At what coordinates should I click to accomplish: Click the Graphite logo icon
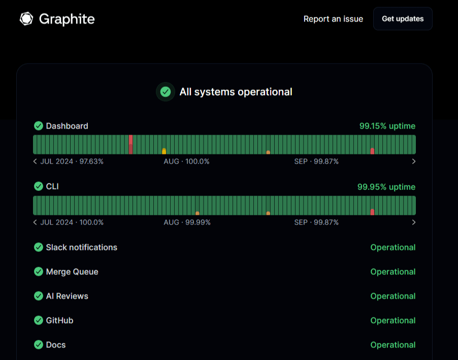26,19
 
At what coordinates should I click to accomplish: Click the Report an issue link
333,19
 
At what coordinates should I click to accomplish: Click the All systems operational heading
236,92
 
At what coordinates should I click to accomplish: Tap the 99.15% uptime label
387,126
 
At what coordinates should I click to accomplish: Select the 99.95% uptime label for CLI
386,187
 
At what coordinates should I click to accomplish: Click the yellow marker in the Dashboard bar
164,151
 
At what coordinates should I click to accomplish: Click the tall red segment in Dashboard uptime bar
130,144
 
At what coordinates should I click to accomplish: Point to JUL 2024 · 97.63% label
72,161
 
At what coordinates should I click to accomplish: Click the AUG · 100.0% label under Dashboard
186,161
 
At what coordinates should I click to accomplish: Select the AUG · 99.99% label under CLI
187,222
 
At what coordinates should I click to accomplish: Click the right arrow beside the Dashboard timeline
414,161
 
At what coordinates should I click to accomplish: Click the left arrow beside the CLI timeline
35,222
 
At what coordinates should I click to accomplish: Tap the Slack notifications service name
81,247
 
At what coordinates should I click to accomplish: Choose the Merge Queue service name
72,272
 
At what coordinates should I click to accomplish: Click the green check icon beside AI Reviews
39,296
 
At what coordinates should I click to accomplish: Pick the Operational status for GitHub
392,320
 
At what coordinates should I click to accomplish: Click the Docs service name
56,345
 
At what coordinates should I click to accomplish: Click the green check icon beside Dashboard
39,126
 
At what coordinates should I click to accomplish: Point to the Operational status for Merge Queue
392,272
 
